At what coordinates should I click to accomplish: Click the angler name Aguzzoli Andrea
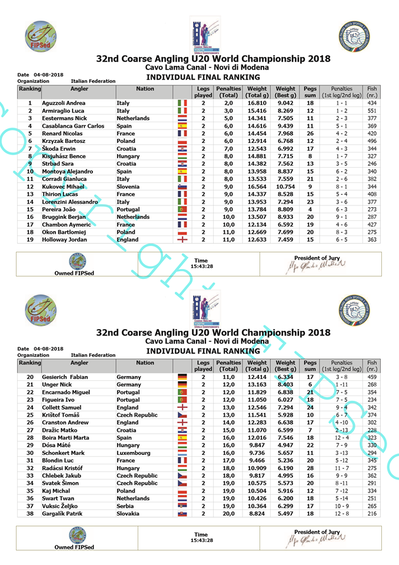[63, 103]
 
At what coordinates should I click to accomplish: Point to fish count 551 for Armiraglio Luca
[372, 111]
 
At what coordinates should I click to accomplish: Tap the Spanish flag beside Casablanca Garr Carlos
[182, 126]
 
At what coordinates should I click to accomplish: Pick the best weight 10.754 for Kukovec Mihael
[286, 187]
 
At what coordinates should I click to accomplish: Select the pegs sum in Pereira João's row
[310, 209]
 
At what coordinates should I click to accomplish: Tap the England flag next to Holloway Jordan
[182, 240]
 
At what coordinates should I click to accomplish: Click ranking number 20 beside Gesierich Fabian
[30, 377]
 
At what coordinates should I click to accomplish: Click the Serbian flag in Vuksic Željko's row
[182, 506]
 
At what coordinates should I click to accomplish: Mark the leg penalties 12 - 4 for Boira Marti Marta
[342, 437]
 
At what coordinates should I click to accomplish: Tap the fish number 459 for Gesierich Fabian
[372, 377]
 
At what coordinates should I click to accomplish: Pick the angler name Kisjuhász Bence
[64, 156]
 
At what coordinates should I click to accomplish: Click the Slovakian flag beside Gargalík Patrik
[182, 514]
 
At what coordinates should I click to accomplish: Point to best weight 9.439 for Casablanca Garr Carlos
[286, 126]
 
